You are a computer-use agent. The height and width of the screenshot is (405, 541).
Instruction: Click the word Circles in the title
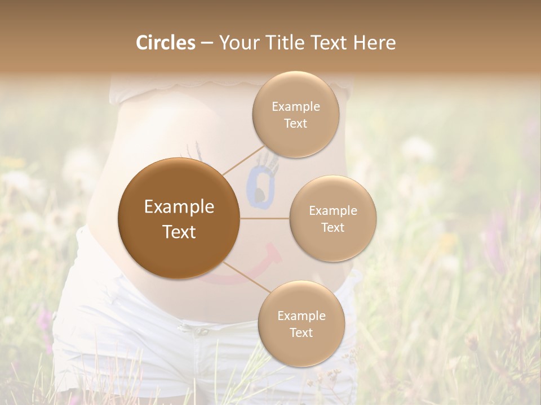[165, 43]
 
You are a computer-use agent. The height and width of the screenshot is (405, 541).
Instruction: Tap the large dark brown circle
[179, 218]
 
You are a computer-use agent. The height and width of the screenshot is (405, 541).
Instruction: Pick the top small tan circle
[295, 114]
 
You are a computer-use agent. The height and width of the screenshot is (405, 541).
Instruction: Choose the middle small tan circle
[332, 218]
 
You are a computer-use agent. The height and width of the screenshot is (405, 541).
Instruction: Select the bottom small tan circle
[301, 323]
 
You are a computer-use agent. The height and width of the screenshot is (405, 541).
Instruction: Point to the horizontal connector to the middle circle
[264, 218]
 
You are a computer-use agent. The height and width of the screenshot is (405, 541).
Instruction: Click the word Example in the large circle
[179, 207]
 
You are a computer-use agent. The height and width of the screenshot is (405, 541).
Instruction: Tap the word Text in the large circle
[179, 232]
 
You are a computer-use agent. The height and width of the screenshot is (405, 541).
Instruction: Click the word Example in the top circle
[295, 106]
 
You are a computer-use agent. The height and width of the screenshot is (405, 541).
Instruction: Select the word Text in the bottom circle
[301, 332]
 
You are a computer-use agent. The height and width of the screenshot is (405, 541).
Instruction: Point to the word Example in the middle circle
[332, 210]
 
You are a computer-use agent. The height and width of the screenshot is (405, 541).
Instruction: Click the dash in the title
[206, 43]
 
